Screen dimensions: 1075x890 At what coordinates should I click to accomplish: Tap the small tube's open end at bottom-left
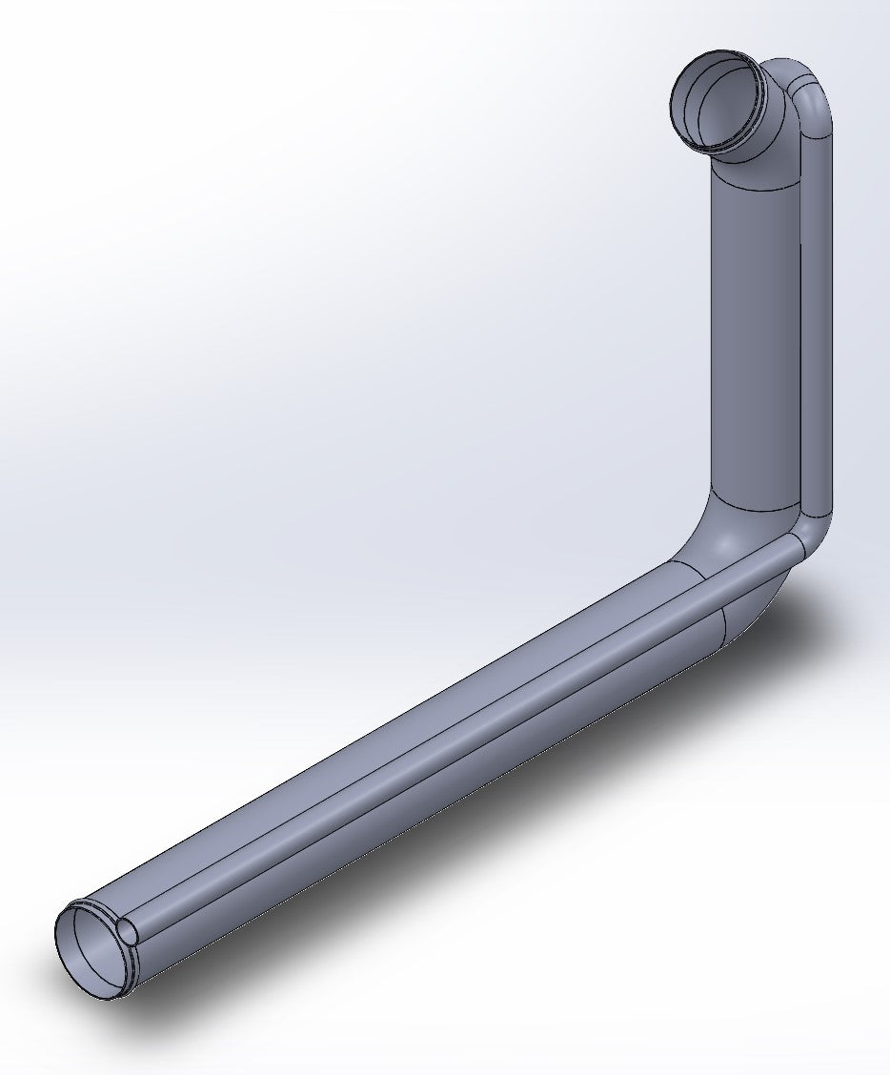[126, 931]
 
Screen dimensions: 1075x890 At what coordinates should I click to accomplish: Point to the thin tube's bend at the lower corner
[812, 534]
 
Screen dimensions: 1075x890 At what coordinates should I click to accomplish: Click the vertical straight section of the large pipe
[756, 334]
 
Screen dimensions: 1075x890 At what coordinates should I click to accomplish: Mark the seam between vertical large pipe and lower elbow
[756, 506]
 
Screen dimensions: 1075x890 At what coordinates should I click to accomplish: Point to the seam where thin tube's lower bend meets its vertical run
[816, 506]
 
